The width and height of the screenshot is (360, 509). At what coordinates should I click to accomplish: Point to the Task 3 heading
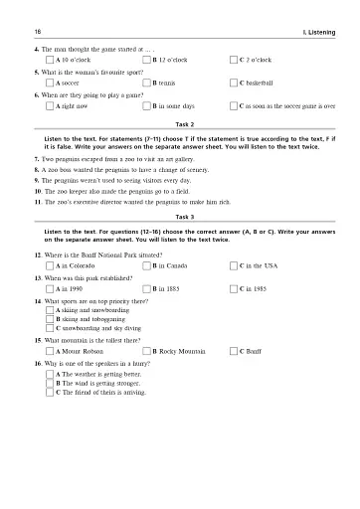180,216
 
